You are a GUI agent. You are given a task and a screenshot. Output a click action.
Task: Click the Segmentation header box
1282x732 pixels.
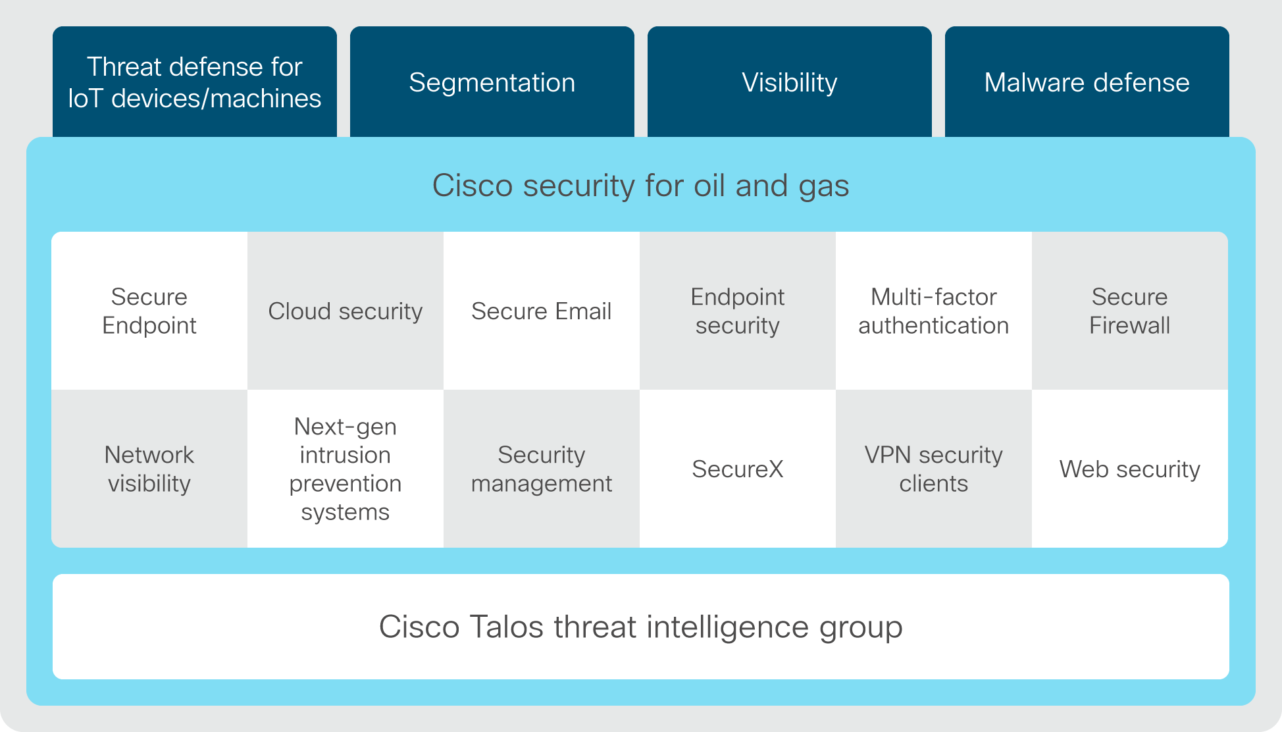[x=492, y=82]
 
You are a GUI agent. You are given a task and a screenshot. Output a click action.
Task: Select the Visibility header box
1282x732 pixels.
[x=790, y=82]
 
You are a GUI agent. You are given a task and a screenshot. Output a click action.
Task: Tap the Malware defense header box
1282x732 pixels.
[x=1087, y=82]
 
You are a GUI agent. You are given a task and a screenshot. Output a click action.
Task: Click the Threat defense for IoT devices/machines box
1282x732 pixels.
[x=195, y=82]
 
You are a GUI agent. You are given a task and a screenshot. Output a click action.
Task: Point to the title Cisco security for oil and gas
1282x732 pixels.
[x=640, y=186]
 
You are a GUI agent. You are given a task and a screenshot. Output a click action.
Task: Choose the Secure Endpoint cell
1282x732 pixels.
[x=149, y=311]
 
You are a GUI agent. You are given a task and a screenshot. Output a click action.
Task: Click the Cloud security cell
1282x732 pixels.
[x=346, y=311]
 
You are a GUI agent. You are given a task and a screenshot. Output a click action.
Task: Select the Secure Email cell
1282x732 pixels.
[x=542, y=311]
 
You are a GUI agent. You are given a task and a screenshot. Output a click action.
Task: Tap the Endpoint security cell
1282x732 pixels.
[x=738, y=311]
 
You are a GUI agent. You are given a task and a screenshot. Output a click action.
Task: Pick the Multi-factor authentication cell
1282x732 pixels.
[x=934, y=311]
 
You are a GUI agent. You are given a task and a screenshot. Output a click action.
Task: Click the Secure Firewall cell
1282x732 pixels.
[x=1130, y=311]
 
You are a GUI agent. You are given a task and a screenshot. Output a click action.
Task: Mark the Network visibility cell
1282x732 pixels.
[x=149, y=469]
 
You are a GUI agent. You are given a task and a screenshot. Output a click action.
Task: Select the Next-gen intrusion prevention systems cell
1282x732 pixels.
[x=346, y=469]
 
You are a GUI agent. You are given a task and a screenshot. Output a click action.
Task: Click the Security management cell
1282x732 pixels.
[x=542, y=469]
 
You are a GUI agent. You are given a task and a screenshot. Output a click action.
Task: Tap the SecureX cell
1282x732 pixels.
[x=738, y=469]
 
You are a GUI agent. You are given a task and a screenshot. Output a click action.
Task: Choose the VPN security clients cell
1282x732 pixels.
[x=934, y=469]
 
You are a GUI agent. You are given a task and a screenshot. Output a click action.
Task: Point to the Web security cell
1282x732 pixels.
[x=1130, y=469]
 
